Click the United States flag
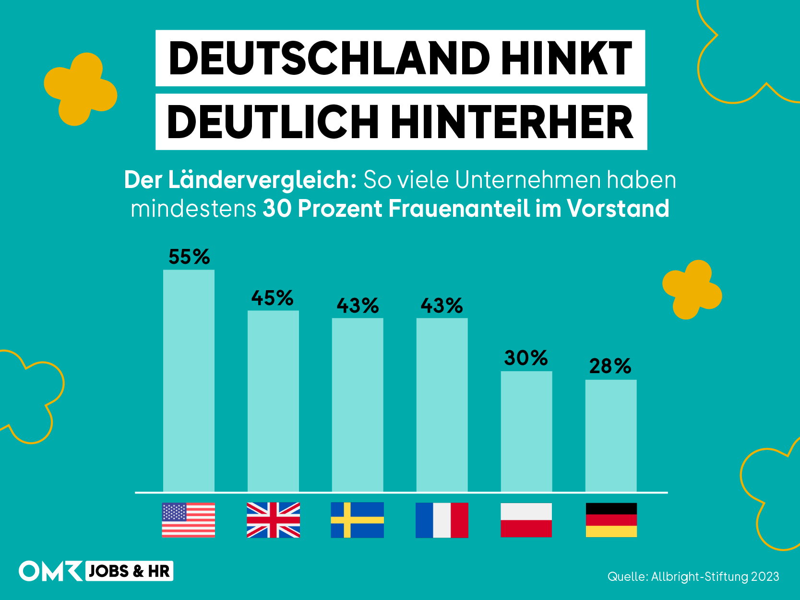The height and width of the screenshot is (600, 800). click(188, 520)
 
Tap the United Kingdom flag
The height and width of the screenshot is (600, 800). click(273, 520)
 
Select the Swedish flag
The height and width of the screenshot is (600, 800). click(357, 520)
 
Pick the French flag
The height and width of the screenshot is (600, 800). click(442, 520)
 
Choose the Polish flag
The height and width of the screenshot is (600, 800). click(526, 520)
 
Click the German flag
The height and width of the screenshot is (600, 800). click(611, 520)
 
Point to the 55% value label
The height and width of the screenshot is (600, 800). click(189, 257)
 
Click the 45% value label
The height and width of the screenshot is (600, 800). click(272, 298)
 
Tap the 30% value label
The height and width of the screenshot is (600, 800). click(526, 358)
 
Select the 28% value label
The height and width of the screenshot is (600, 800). click(610, 366)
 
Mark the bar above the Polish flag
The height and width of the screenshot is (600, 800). click(526, 431)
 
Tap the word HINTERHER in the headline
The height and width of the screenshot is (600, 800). click(512, 122)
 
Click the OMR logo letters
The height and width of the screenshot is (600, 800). click(50, 571)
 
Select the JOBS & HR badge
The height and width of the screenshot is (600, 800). click(129, 571)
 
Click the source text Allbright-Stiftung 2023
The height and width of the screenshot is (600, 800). click(715, 576)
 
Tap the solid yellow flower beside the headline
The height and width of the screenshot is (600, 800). click(80, 89)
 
